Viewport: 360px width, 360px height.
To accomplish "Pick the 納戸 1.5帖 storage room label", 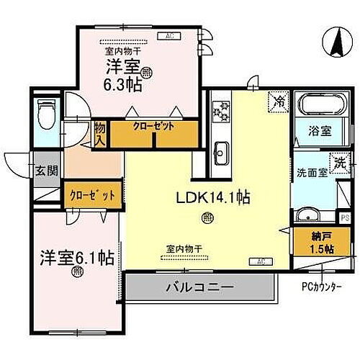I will pos(320,243).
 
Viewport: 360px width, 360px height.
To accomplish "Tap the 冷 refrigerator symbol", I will pos(277,103).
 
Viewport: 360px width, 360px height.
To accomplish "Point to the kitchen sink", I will pos(221,153).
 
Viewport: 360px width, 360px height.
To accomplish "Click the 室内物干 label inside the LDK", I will pos(183,248).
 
